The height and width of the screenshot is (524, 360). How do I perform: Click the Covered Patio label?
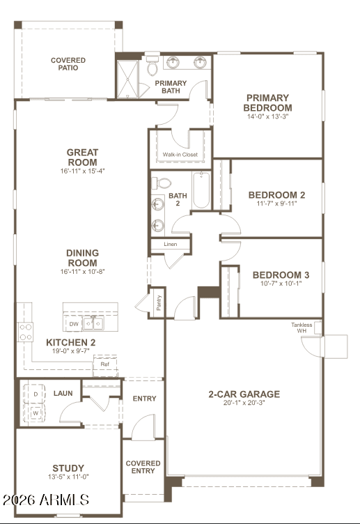click(x=68, y=64)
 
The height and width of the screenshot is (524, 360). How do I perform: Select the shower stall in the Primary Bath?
click(x=127, y=79)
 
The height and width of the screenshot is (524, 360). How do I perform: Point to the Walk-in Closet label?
click(x=180, y=155)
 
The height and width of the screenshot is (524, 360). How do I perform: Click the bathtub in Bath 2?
click(x=201, y=190)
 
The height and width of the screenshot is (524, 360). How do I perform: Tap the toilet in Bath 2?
click(x=162, y=183)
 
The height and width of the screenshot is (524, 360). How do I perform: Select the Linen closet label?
click(x=171, y=245)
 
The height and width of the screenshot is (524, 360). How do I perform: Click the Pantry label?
click(x=159, y=302)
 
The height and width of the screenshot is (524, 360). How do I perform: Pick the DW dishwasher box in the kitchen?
click(x=74, y=324)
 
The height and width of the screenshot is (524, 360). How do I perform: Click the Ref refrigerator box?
click(x=105, y=365)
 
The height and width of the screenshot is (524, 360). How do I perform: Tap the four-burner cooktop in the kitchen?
click(x=26, y=332)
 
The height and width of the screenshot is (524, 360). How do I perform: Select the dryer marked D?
click(x=35, y=394)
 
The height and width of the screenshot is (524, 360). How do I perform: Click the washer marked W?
click(x=35, y=413)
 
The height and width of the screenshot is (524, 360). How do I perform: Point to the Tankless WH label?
click(x=302, y=327)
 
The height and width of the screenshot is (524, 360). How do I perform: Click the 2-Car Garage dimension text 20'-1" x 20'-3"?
click(x=244, y=403)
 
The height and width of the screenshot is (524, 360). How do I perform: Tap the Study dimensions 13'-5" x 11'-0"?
click(x=68, y=477)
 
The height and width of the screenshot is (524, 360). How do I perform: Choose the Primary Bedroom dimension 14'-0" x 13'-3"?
click(x=267, y=116)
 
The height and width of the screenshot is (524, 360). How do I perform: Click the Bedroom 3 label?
click(x=281, y=275)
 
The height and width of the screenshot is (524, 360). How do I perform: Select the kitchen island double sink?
click(x=93, y=323)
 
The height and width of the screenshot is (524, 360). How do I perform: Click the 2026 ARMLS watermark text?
click(x=46, y=500)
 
